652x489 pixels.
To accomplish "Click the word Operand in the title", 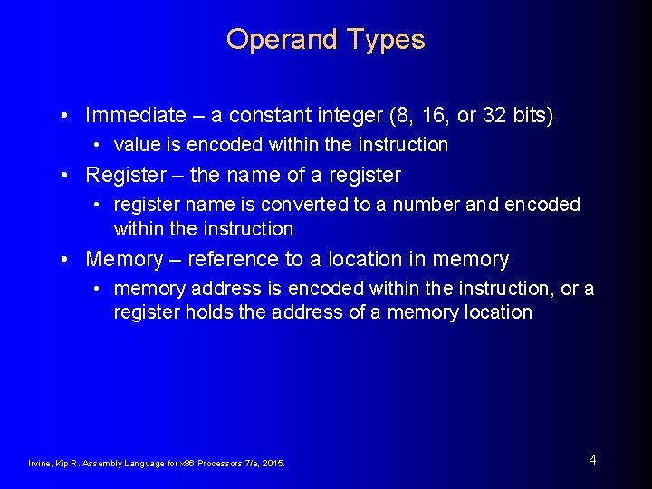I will point(274,40).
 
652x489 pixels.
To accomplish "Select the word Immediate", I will point(135,116).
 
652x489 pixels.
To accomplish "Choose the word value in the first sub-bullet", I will point(137,145).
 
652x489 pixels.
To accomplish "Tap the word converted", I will point(306,205).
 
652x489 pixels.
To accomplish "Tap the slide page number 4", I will point(592,460).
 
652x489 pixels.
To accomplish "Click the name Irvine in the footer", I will point(39,464).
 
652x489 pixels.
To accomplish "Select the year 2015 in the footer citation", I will point(273,464).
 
